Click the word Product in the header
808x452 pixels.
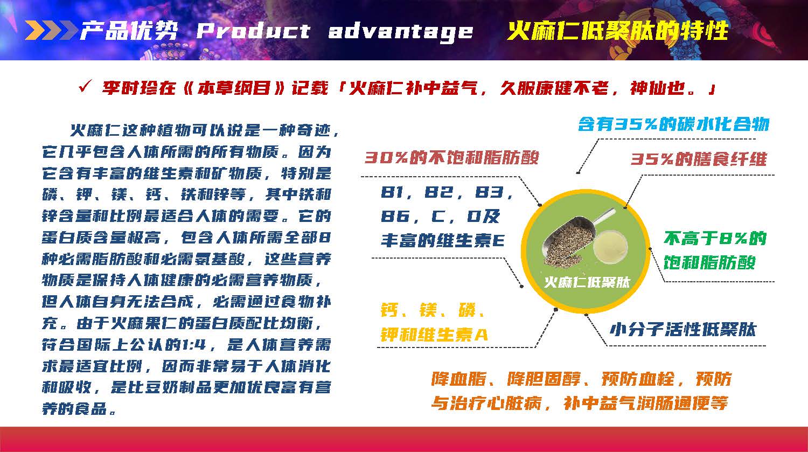tap(253, 31)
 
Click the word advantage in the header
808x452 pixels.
tap(400, 32)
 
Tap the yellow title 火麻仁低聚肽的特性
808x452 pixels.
tap(617, 31)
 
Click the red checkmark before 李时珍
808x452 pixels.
tap(85, 87)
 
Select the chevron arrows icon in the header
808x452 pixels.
tap(52, 30)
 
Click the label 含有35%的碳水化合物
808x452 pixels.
tap(673, 124)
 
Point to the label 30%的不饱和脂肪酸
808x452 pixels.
tap(451, 158)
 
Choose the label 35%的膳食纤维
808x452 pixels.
tap(699, 159)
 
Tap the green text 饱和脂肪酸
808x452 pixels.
tap(709, 262)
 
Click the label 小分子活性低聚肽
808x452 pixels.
tap(682, 329)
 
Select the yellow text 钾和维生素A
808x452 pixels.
tap(434, 335)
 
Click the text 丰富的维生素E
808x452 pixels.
tap(443, 240)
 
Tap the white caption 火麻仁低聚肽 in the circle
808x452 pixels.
tap(587, 282)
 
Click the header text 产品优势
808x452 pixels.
tap(129, 30)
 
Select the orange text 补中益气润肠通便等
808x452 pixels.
tap(646, 404)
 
